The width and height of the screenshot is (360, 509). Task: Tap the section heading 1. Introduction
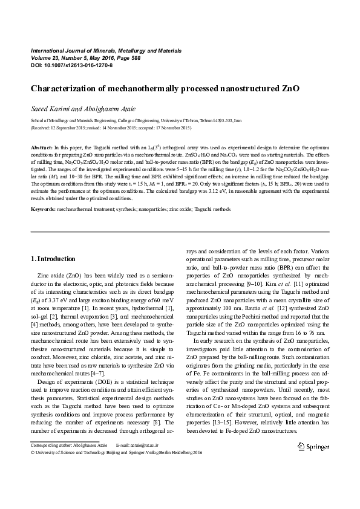[53, 259]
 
